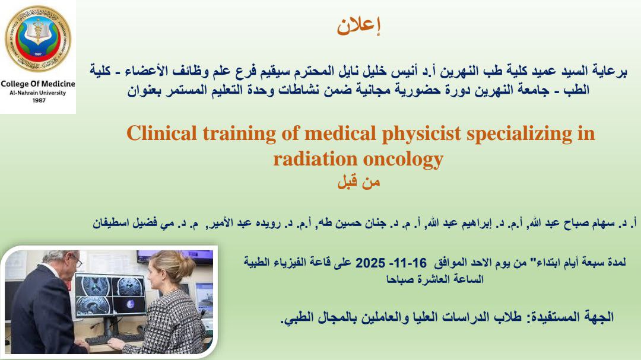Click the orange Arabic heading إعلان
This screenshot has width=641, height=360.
(x=358, y=26)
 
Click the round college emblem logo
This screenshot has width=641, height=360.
(x=38, y=39)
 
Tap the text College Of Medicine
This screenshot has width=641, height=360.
(x=38, y=84)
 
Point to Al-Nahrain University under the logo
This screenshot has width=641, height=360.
(x=38, y=93)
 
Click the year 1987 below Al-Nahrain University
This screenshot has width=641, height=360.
(x=39, y=100)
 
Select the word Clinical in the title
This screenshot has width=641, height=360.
(x=162, y=133)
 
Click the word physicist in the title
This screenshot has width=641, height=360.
(x=421, y=134)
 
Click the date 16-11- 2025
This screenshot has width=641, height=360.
(x=391, y=262)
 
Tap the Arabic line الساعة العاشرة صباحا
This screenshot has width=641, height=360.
(x=435, y=279)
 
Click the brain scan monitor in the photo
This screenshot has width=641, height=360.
(x=111, y=295)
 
